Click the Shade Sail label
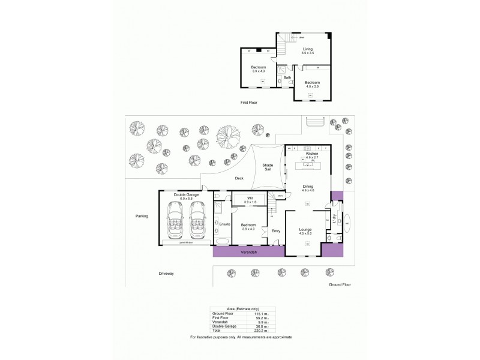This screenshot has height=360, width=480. pyautogui.click(x=268, y=167)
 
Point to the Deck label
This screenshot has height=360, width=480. pyautogui.click(x=238, y=178)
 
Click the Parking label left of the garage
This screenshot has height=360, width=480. pyautogui.click(x=141, y=215)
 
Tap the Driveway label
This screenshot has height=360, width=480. pyautogui.click(x=166, y=273)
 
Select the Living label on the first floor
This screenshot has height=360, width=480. pyautogui.click(x=308, y=50)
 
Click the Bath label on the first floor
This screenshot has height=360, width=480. pyautogui.click(x=287, y=77)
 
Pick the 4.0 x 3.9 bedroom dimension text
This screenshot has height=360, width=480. pyautogui.click(x=312, y=86)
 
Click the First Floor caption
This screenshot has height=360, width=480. pyautogui.click(x=248, y=103)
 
